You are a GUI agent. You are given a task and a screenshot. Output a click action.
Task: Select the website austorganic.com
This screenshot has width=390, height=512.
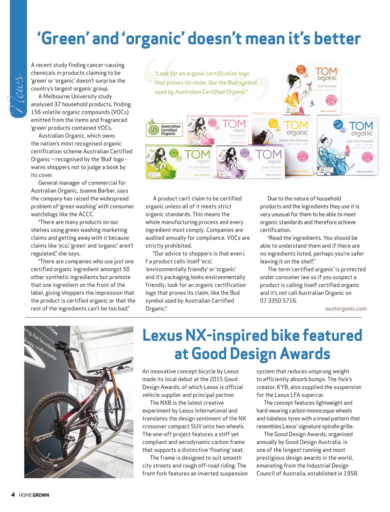pos(346,308)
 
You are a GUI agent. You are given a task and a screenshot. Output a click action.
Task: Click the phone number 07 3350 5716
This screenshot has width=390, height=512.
pos(278,301)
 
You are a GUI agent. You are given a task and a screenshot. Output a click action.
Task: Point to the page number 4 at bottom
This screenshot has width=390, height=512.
pos(13,495)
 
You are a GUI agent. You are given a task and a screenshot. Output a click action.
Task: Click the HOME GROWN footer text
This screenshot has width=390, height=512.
pos(34,495)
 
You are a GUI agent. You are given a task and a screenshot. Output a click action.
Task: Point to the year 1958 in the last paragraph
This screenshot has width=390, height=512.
pos(349,474)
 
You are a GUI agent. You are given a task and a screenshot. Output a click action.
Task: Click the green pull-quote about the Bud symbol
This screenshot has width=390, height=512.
pos(205,83)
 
